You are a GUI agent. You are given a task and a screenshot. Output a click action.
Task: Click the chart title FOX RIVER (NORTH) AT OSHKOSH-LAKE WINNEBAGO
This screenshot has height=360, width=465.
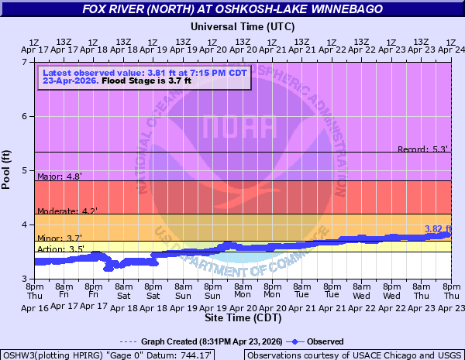point(232,10)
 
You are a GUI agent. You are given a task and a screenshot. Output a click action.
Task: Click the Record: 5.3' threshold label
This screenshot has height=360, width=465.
point(422,149)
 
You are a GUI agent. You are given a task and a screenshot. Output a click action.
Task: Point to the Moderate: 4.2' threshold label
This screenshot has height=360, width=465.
point(67,211)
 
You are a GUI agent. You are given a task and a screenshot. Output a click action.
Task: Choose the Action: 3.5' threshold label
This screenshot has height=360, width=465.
point(60,249)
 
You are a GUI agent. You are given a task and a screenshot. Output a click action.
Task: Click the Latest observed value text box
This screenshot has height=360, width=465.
point(145,77)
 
